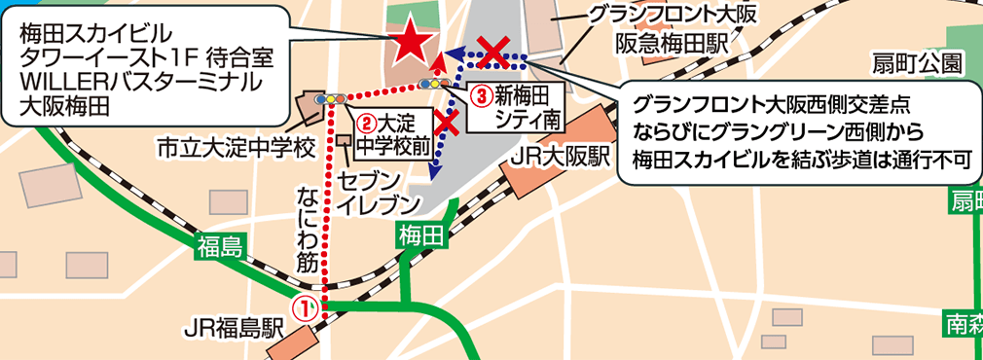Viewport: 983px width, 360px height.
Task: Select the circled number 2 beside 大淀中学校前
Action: (x=365, y=124)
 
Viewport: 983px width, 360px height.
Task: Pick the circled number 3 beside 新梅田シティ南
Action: (x=481, y=95)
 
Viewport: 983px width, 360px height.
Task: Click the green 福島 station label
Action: (x=218, y=245)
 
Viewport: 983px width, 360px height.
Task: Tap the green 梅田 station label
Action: (x=421, y=234)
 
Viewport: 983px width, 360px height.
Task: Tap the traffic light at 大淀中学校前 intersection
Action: (x=335, y=98)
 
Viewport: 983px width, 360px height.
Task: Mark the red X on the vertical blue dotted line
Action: (x=448, y=122)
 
